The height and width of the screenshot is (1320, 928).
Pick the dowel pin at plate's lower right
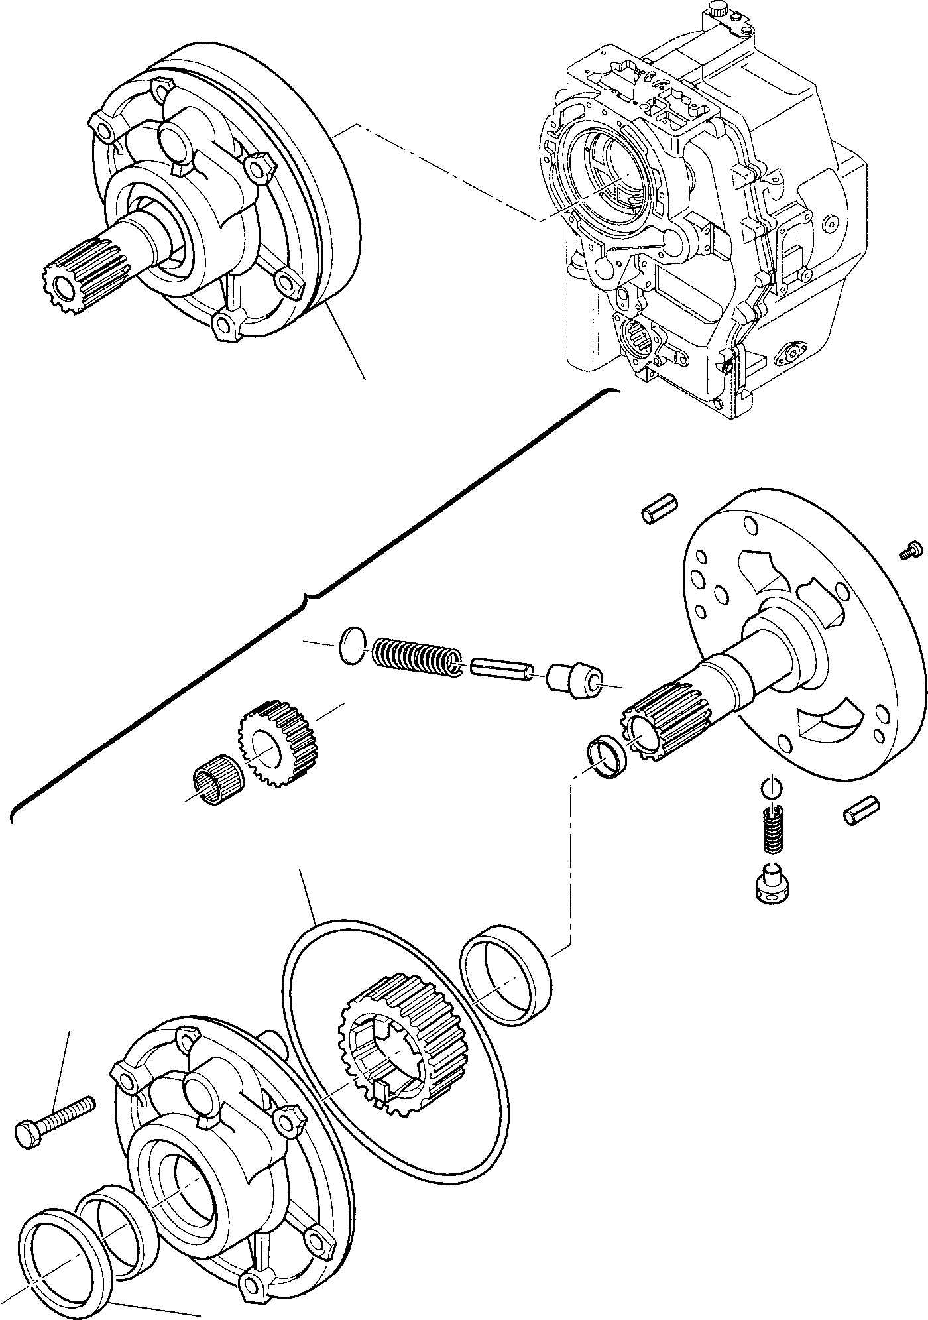click(862, 811)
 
